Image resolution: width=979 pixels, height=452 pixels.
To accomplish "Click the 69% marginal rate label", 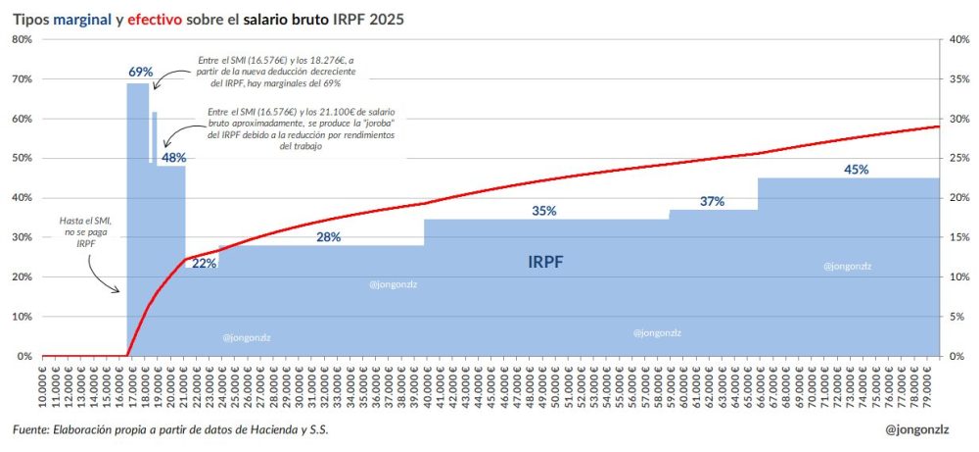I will click(x=141, y=72).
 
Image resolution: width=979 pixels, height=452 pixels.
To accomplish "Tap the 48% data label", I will click(x=173, y=157).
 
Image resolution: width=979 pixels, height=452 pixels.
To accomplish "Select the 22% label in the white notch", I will click(x=204, y=263).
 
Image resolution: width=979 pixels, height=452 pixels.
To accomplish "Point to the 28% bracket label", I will click(x=328, y=236).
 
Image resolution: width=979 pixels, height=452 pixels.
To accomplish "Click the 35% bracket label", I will click(x=544, y=210).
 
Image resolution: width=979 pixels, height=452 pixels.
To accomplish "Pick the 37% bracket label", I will click(x=712, y=201).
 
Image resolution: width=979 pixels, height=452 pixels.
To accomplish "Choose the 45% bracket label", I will click(x=856, y=169).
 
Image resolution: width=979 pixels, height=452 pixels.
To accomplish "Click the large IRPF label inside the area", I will click(x=545, y=262).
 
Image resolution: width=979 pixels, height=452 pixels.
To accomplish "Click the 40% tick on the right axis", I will click(x=958, y=39).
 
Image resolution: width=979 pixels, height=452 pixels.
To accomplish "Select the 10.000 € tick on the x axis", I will click(x=42, y=388).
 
